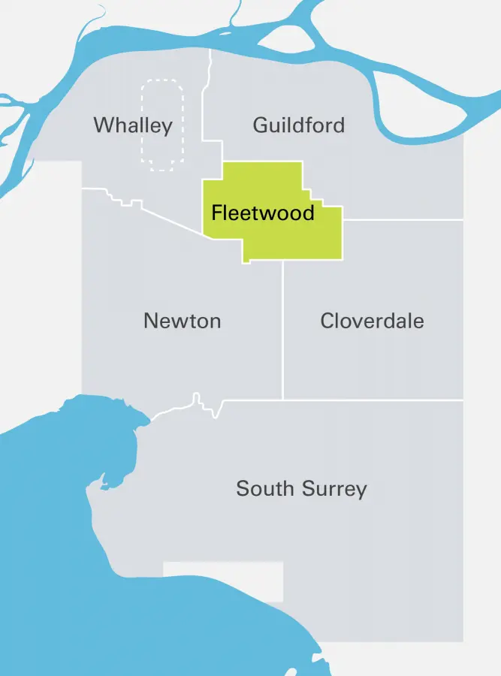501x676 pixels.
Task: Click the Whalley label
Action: point(133,125)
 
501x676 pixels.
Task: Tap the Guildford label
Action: point(298,125)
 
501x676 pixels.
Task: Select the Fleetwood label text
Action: point(262,213)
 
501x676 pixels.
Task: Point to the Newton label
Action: point(182,321)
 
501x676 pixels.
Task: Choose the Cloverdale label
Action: point(372,321)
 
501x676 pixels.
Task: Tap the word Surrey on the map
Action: point(335,489)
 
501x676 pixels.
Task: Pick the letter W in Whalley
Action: point(102,125)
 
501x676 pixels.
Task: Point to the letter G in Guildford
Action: point(261,125)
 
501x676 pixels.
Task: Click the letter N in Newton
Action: point(150,321)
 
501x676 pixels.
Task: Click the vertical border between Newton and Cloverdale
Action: point(283,330)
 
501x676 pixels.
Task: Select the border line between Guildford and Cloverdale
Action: point(403,220)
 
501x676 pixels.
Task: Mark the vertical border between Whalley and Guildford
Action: point(210,98)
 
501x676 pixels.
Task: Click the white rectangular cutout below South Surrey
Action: point(223,581)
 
